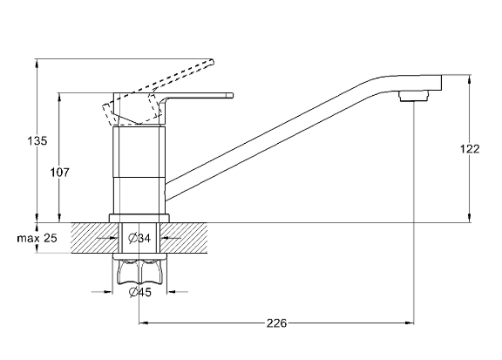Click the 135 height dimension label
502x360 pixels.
click(37, 140)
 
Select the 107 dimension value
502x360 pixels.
click(59, 173)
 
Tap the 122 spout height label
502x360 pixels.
click(470, 149)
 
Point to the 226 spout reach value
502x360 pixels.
click(276, 323)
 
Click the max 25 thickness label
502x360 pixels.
click(37, 238)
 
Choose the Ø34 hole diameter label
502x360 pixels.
click(139, 238)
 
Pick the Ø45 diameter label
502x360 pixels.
click(139, 292)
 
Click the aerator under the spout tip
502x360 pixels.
click(413, 96)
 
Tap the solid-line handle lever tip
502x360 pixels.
click(231, 95)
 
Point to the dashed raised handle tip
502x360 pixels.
click(211, 62)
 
